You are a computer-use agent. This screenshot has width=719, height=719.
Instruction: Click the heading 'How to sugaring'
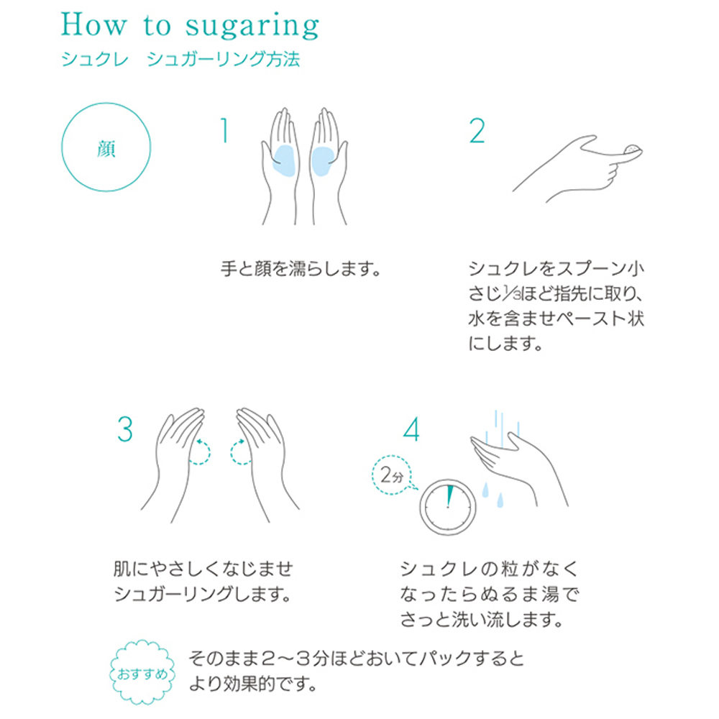point(190,26)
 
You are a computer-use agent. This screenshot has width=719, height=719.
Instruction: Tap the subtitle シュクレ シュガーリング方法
point(180,60)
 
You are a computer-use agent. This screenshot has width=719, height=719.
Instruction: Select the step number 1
point(224,132)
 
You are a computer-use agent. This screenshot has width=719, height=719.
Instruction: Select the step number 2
point(476,132)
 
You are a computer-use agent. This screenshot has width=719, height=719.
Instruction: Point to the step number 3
point(125,429)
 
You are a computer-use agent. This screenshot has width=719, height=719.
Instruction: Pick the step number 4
point(411,429)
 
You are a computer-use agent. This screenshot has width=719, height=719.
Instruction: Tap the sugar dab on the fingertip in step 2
point(633,149)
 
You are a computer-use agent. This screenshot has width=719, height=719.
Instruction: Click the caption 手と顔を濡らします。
point(299,270)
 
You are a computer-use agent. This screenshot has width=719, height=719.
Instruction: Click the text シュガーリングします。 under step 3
point(202,595)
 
